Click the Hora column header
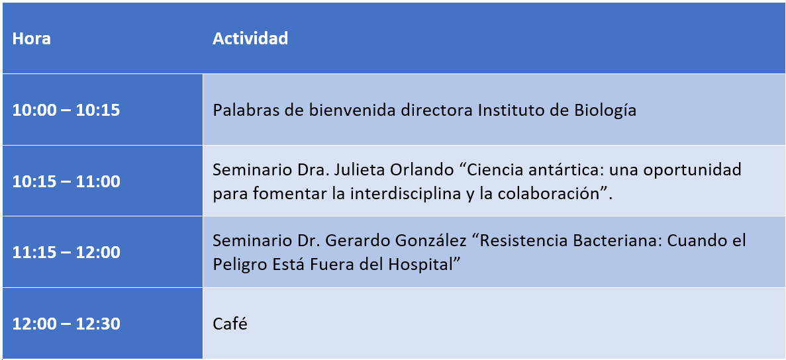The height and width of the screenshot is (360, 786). (31, 38)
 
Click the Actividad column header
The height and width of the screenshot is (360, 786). (250, 38)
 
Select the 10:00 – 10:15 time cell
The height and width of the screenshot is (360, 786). (66, 110)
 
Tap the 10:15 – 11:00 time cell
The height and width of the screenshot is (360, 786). (66, 181)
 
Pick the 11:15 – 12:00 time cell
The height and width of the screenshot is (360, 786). (66, 252)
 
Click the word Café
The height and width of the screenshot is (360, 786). (230, 324)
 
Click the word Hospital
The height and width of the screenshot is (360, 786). (420, 264)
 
